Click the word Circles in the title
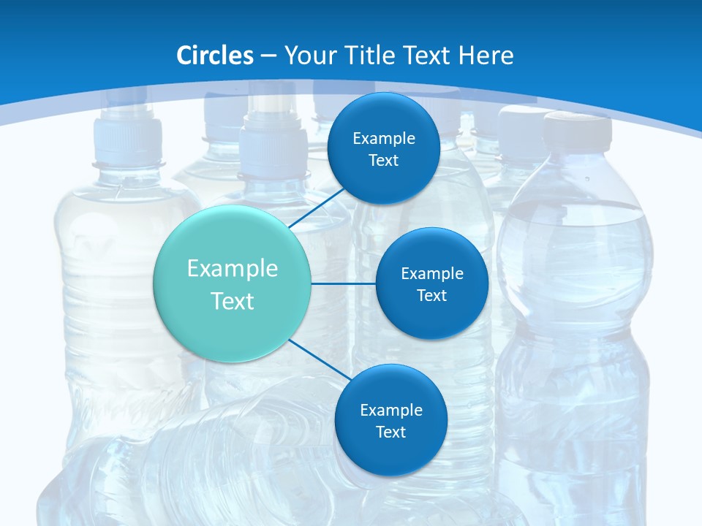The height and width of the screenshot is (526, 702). (x=215, y=55)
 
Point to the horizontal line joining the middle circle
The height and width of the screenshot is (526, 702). (x=344, y=283)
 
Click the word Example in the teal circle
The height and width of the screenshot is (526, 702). (x=233, y=269)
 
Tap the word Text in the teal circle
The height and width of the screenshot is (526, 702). (x=233, y=301)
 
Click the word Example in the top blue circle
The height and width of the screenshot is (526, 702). (x=384, y=139)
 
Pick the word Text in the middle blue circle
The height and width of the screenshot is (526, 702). (x=432, y=296)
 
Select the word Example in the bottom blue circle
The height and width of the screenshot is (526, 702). (x=391, y=410)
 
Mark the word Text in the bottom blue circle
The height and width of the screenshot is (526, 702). (x=391, y=432)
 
